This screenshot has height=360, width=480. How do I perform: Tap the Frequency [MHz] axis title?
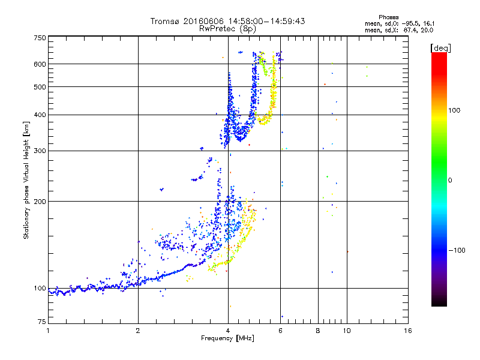(228, 339)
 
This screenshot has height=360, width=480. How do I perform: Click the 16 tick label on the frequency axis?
(407, 331)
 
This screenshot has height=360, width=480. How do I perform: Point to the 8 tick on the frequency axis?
(318, 331)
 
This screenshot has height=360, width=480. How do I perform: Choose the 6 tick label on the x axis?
(281, 331)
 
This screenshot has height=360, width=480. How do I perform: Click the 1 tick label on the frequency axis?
(48, 331)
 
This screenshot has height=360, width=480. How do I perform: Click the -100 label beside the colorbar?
(458, 250)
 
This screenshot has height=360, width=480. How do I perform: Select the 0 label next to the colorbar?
(452, 180)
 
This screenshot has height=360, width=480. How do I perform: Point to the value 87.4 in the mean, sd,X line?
(411, 29)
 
